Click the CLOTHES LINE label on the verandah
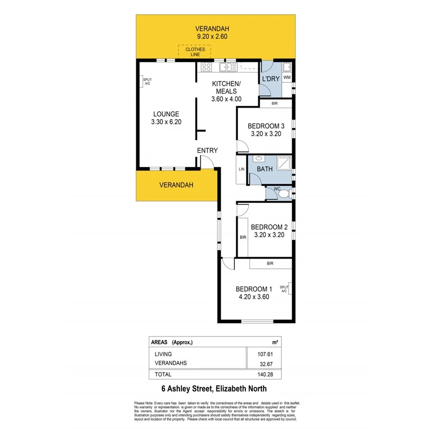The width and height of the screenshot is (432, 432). tap(194, 52)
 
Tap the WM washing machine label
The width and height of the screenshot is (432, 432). tap(287, 77)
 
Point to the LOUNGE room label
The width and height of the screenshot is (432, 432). tap(166, 114)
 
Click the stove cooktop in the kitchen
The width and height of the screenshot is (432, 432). tap(206, 67)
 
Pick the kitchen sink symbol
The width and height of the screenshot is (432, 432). tap(226, 67)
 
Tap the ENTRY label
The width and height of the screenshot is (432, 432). tap(207, 150)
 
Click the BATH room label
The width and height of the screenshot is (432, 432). tap(264, 169)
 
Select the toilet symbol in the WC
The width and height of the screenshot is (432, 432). tap(285, 193)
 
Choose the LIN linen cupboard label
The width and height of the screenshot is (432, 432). tap(241, 169)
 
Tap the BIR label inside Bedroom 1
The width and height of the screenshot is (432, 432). tap(270, 264)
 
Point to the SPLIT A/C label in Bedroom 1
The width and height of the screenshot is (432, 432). tap(284, 288)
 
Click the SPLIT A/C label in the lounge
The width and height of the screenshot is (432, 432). tap(147, 81)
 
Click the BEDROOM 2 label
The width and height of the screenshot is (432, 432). tap(269, 227)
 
